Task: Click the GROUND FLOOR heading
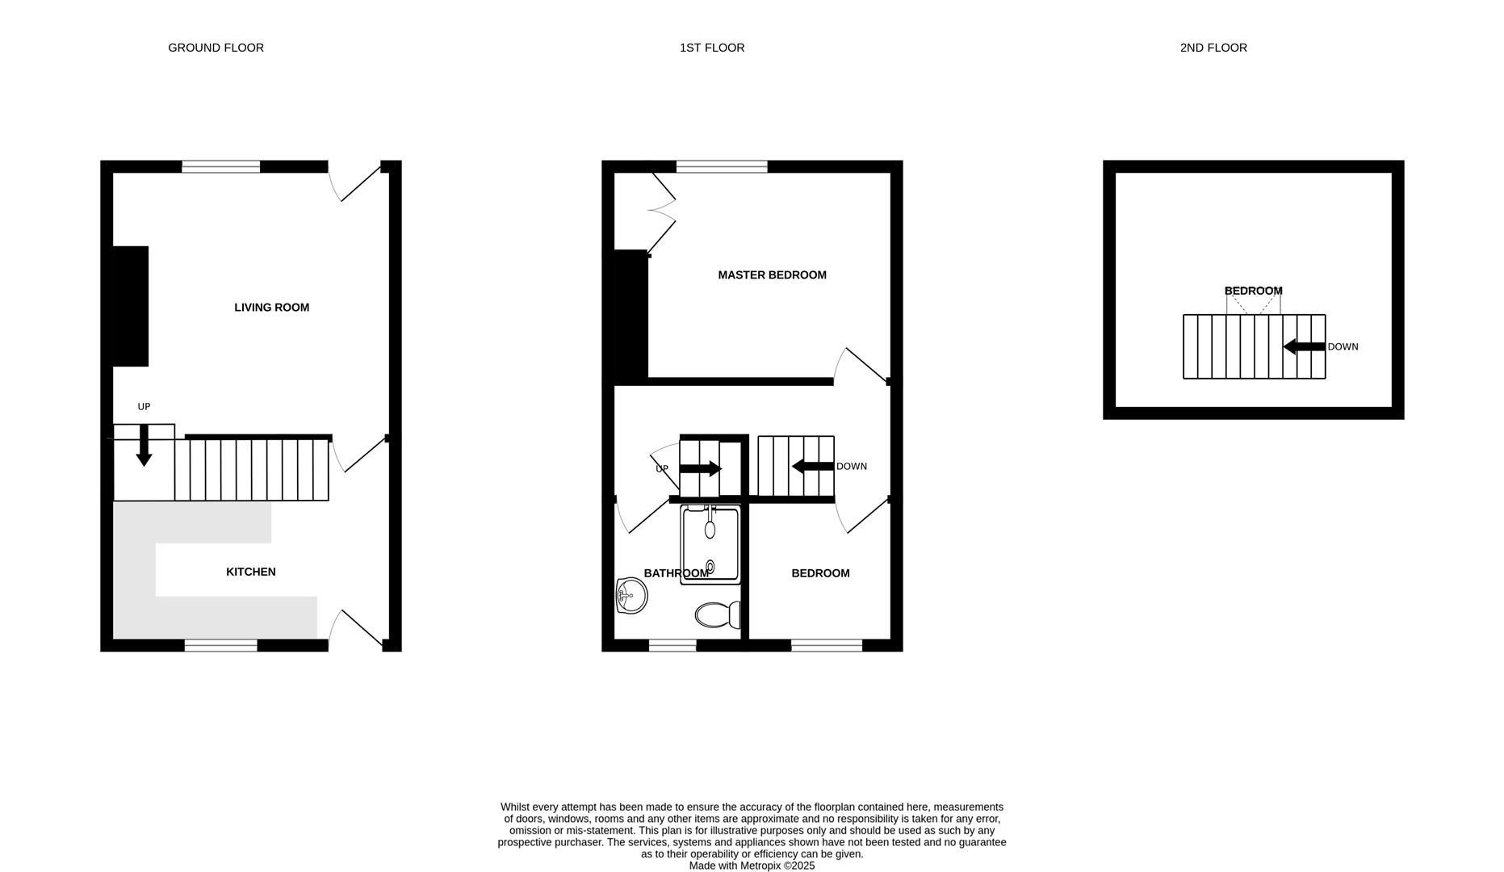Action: click(x=216, y=48)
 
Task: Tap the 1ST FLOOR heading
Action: click(x=711, y=48)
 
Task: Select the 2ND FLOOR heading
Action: click(x=1213, y=48)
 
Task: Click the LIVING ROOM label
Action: click(x=271, y=308)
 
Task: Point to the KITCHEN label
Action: click(x=250, y=572)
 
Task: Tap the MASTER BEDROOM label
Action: click(x=772, y=275)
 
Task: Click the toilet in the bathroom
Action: click(x=716, y=615)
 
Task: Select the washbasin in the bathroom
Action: click(x=631, y=596)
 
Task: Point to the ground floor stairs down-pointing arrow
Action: click(x=144, y=445)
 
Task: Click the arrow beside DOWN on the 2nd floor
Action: click(x=1303, y=347)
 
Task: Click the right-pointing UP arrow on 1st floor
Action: click(x=700, y=468)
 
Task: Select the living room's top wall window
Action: click(x=220, y=166)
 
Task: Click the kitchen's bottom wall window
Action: click(x=220, y=645)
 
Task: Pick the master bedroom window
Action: click(x=721, y=166)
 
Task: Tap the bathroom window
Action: click(x=672, y=645)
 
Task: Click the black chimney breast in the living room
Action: click(x=130, y=306)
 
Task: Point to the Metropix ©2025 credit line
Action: click(x=752, y=866)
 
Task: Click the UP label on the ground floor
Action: click(x=144, y=407)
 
